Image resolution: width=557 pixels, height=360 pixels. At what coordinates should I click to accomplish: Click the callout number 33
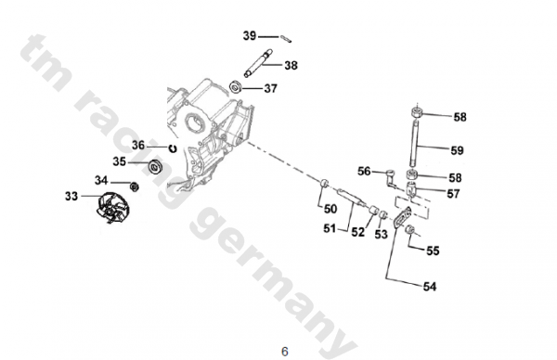(71, 196)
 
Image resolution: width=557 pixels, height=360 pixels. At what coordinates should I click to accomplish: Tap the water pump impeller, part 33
(112, 207)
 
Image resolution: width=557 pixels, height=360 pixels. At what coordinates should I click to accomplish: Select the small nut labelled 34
(135, 186)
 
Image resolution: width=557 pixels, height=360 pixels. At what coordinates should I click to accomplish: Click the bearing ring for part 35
(155, 166)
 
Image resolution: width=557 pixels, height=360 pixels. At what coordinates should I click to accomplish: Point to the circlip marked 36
(173, 148)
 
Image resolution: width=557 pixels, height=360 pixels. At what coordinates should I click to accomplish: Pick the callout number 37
(270, 88)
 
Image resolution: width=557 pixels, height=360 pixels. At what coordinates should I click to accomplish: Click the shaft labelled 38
(258, 62)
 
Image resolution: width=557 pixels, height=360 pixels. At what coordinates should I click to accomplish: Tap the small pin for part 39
(286, 39)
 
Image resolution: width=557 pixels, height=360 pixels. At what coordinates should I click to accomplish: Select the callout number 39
(250, 35)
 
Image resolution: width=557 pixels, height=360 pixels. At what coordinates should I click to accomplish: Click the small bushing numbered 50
(324, 184)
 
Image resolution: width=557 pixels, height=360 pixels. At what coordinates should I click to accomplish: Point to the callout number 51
(330, 228)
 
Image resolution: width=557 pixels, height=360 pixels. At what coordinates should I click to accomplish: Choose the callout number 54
(430, 286)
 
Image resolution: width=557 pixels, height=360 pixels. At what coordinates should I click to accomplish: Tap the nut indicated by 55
(410, 229)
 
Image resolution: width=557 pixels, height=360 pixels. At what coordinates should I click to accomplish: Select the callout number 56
(364, 171)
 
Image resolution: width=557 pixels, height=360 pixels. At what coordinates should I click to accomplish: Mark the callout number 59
(457, 150)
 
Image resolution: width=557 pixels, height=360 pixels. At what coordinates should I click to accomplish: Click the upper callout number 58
(460, 117)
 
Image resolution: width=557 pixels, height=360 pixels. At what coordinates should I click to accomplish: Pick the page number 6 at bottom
(285, 352)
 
